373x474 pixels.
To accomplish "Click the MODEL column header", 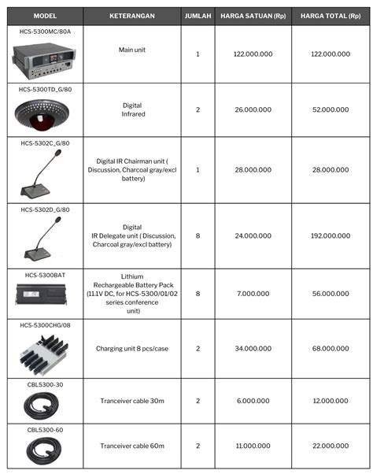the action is click(x=44, y=16).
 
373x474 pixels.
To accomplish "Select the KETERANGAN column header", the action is click(x=132, y=16).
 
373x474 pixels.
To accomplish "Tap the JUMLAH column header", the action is click(x=198, y=16).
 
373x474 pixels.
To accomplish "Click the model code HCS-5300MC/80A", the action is click(x=44, y=32).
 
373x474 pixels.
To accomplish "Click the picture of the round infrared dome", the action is click(x=44, y=113).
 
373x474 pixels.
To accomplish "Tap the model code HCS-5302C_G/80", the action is click(x=44, y=143).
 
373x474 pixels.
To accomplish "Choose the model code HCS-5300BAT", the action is click(x=44, y=276).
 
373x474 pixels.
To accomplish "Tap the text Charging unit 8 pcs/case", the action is click(x=132, y=348).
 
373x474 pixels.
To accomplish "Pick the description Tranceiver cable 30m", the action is click(x=132, y=401).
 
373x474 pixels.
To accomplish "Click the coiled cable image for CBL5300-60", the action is click(x=44, y=451).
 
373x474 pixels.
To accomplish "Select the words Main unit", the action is click(x=132, y=49).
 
